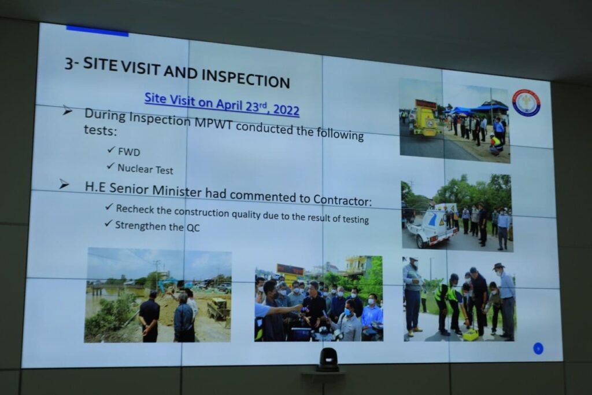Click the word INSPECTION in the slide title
pos(246,78)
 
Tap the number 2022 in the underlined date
pos(286,109)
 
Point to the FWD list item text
pos(129,152)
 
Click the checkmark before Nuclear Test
pos(110,166)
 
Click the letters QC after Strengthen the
pos(193,228)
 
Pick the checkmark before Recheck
pos(109,207)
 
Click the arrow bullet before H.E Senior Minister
pos(64,184)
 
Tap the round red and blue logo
pos(526,103)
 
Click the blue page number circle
pos(538,348)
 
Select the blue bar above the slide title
pos(97,31)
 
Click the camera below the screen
pos(327,360)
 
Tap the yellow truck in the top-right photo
pos(425,119)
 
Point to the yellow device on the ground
pos(471,334)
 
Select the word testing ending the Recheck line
pos(356,219)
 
